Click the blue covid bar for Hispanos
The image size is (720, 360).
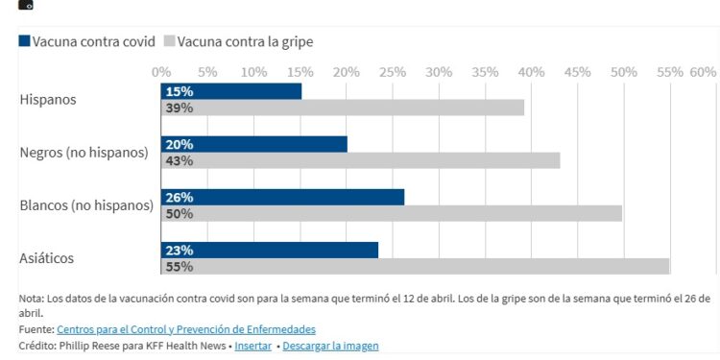pyautogui.click(x=231, y=91)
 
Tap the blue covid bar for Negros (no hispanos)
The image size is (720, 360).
pyautogui.click(x=254, y=144)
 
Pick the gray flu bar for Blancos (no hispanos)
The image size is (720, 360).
pyautogui.click(x=392, y=213)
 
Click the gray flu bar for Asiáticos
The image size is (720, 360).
pyautogui.click(x=415, y=266)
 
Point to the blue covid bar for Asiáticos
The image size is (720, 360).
pyautogui.click(x=270, y=250)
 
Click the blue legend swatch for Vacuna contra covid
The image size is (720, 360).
pyautogui.click(x=24, y=41)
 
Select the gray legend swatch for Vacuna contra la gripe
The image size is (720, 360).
pyautogui.click(x=170, y=41)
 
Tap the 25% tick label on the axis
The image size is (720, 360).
pyautogui.click(x=392, y=72)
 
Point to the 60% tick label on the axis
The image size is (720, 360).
pyautogui.click(x=703, y=72)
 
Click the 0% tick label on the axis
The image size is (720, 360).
pyautogui.click(x=161, y=72)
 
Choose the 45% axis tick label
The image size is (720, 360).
pyautogui.click(x=577, y=72)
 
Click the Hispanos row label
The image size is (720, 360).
pyautogui.click(x=48, y=99)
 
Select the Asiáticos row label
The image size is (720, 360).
pyautogui.click(x=46, y=257)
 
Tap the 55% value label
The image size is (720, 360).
pyautogui.click(x=179, y=267)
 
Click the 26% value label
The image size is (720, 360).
pyautogui.click(x=179, y=197)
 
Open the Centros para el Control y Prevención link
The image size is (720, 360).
pyautogui.click(x=186, y=329)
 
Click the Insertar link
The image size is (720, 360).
pyautogui.click(x=252, y=346)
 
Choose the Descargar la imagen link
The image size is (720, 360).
pyautogui.click(x=330, y=346)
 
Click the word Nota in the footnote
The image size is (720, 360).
pyautogui.click(x=31, y=298)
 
